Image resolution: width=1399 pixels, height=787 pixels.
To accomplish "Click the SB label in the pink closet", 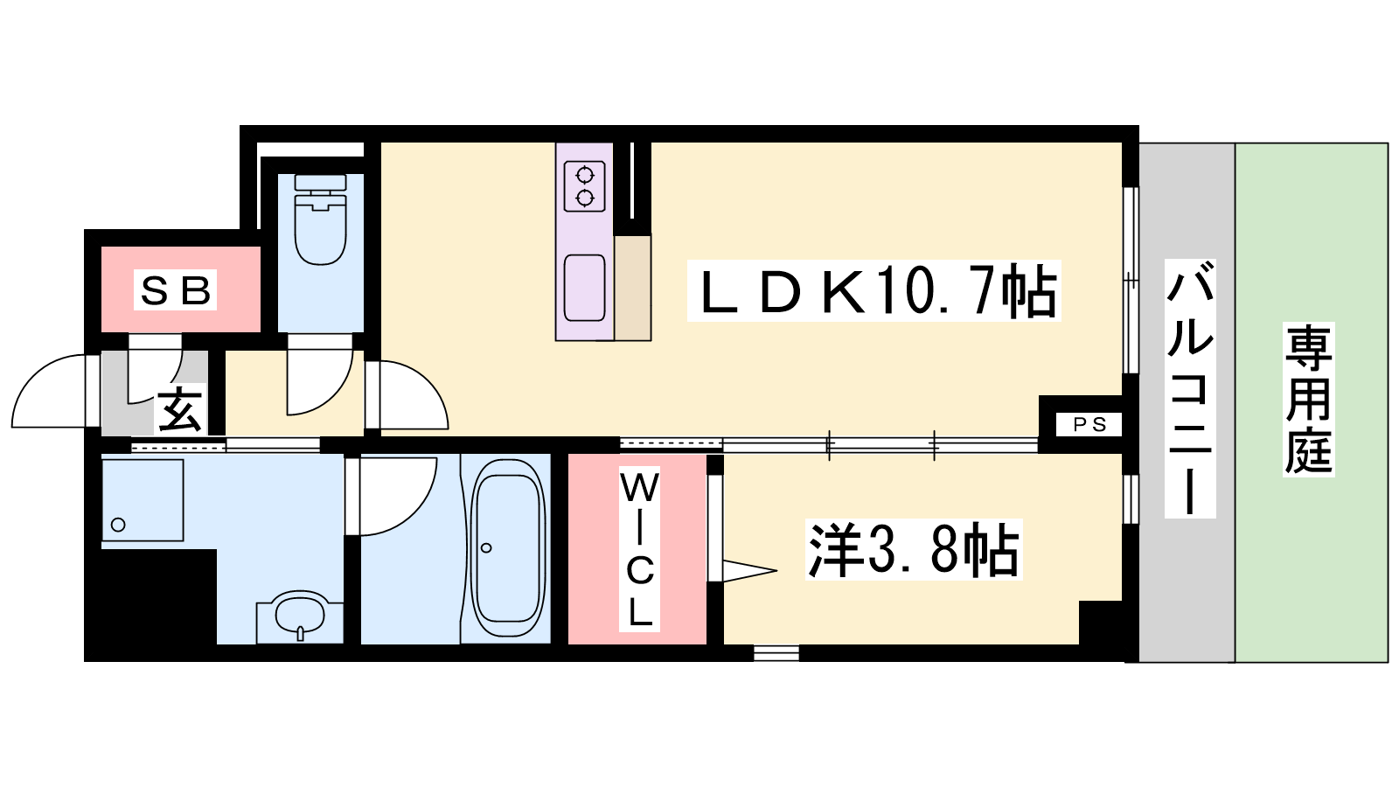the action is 175,289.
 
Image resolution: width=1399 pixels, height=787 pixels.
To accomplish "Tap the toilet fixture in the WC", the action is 320,219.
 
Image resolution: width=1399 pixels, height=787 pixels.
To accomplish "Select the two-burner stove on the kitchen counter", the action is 585,186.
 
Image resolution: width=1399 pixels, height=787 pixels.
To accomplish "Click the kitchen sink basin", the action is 585,288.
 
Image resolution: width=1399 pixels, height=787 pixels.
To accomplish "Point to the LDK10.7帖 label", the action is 874,291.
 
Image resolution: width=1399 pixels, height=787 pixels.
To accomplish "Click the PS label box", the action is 1089,425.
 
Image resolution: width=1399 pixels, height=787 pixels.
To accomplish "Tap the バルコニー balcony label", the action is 1190,388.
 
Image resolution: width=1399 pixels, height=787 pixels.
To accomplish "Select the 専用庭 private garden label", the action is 1308,399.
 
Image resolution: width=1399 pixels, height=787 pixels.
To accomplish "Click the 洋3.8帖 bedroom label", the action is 914,549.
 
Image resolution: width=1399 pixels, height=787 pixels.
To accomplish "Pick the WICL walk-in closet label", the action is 639,549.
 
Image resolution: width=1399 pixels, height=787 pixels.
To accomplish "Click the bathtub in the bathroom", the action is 506,548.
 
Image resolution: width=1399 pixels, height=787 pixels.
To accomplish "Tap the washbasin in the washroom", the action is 301,615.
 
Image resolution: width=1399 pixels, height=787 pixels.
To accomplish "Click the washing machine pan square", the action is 143,499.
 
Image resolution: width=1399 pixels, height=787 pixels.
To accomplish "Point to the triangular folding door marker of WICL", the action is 749,570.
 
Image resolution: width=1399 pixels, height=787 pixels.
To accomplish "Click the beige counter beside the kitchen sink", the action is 633,288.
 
